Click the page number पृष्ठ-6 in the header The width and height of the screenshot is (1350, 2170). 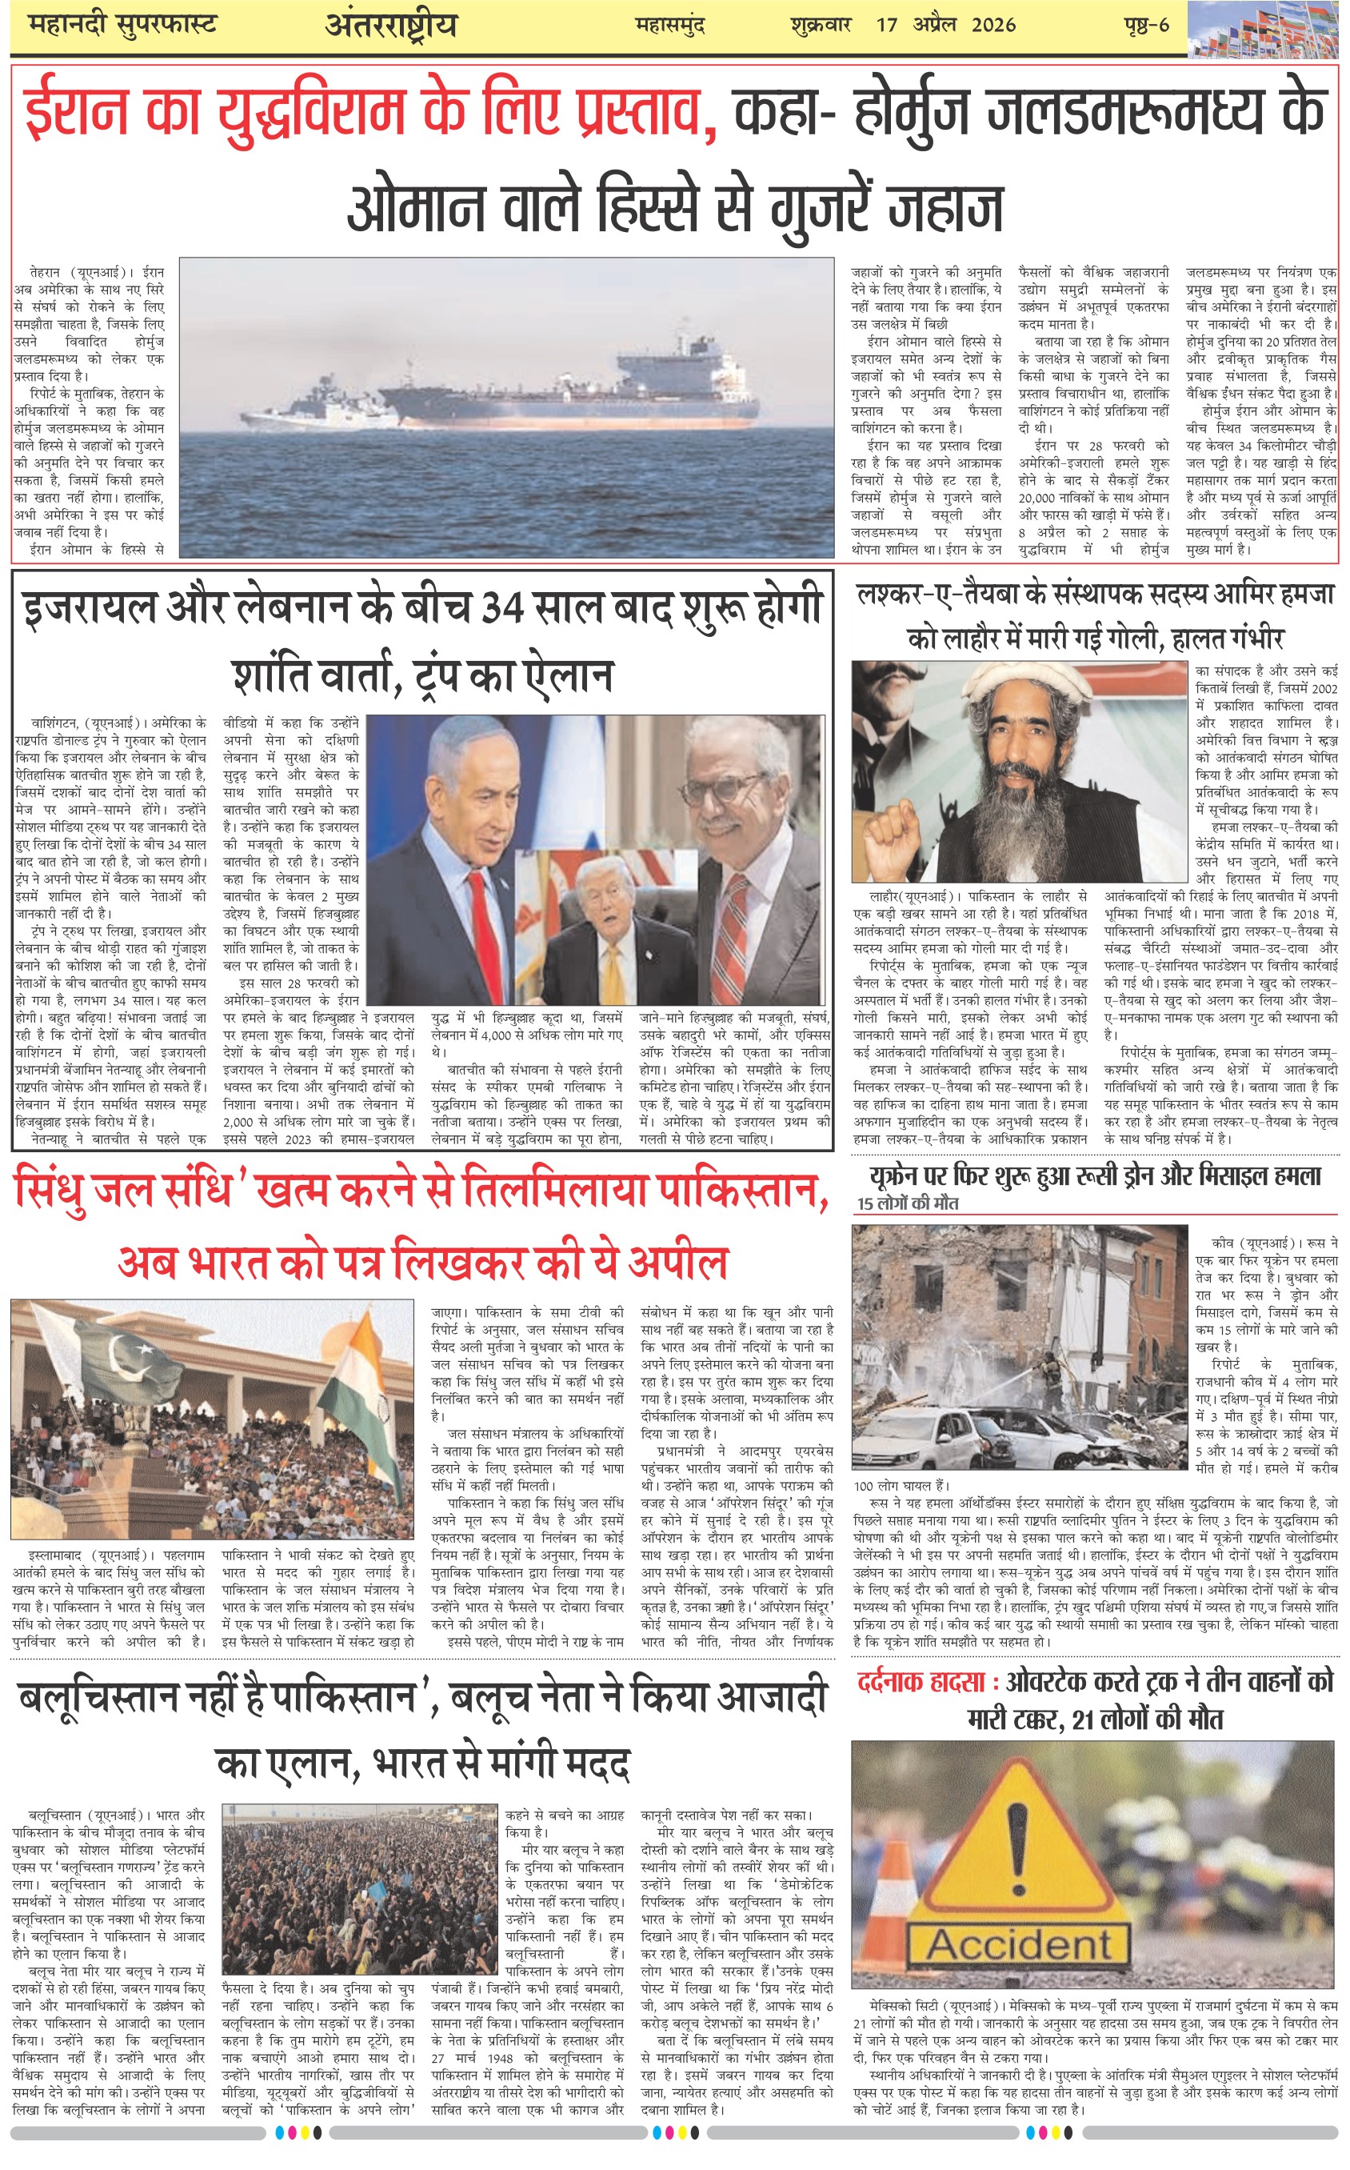coord(1146,25)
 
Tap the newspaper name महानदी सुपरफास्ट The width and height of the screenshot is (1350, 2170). coord(122,24)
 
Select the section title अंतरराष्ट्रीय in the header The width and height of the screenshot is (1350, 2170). coord(390,26)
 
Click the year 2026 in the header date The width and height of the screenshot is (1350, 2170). coord(993,25)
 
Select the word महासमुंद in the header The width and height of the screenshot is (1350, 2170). coord(669,25)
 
